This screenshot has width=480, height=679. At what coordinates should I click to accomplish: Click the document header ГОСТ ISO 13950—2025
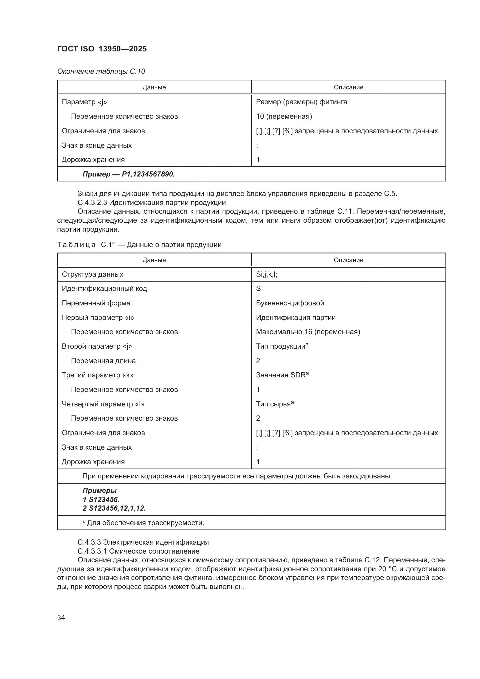click(102, 49)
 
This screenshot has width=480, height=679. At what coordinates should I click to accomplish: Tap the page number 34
click(61, 617)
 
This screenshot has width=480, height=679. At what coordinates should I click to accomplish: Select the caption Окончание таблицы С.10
click(101, 71)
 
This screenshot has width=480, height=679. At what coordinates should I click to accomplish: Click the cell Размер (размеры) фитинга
click(302, 102)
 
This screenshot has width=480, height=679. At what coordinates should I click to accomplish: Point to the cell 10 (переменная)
click(284, 116)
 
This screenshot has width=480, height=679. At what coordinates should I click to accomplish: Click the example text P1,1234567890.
click(129, 174)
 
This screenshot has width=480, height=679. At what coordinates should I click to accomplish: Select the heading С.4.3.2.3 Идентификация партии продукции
click(151, 203)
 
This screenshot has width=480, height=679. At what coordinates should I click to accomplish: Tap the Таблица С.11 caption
click(139, 245)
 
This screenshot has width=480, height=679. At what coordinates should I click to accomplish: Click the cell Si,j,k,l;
click(266, 274)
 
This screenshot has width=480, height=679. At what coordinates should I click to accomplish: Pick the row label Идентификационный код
click(104, 289)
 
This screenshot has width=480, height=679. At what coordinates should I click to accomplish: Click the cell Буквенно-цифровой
click(290, 303)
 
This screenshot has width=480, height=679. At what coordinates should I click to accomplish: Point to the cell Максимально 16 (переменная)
click(308, 332)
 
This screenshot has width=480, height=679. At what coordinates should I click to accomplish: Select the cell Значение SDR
click(282, 375)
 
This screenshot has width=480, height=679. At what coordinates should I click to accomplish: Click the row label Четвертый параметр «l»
click(103, 404)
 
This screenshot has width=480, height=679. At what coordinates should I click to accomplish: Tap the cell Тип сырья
click(274, 404)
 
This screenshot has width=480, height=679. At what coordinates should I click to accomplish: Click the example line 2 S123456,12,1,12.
click(114, 508)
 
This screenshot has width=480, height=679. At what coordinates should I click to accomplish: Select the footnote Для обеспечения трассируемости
click(145, 523)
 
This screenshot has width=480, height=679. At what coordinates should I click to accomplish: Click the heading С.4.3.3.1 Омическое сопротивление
click(138, 551)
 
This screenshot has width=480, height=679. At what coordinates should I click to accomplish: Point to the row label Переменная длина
click(103, 361)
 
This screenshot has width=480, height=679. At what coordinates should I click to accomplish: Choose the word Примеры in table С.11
click(99, 491)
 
